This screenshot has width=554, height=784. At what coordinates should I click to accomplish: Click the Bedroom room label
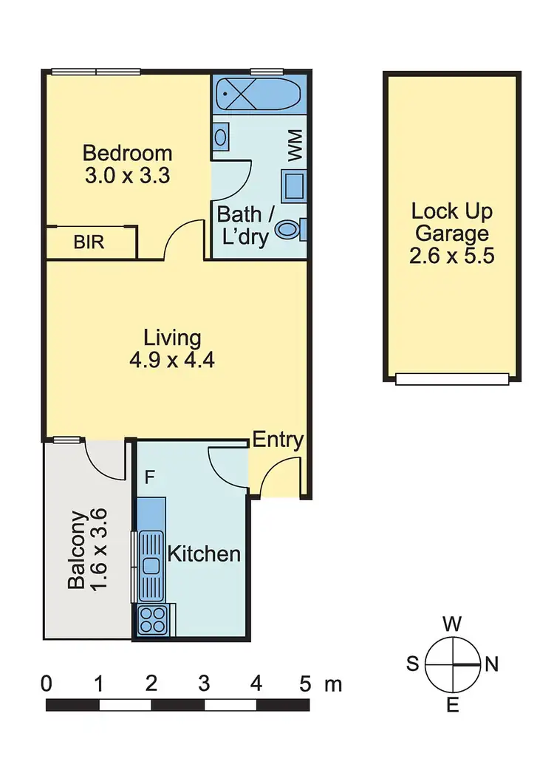pyautogui.click(x=127, y=154)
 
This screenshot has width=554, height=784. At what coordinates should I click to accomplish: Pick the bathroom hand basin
pyautogui.click(x=220, y=137)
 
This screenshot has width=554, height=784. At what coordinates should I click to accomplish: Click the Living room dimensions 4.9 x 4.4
pyautogui.click(x=172, y=361)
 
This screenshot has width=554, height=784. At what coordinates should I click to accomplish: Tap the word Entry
pyautogui.click(x=278, y=440)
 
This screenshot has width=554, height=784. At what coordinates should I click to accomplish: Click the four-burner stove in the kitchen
pyautogui.click(x=153, y=618)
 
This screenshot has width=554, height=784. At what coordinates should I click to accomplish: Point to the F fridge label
pyautogui.click(x=149, y=477)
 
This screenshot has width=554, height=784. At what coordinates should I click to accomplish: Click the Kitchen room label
pyautogui.click(x=204, y=553)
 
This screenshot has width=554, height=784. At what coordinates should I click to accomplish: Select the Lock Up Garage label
pyautogui.click(x=451, y=222)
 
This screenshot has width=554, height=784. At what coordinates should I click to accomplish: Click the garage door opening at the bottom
pyautogui.click(x=452, y=379)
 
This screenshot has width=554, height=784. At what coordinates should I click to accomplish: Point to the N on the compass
pyautogui.click(x=491, y=664)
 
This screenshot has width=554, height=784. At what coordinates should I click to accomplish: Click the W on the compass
pyautogui.click(x=452, y=624)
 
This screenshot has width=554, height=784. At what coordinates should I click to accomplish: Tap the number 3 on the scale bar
pyautogui.click(x=203, y=684)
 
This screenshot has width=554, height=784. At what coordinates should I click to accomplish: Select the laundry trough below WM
pyautogui.click(x=294, y=185)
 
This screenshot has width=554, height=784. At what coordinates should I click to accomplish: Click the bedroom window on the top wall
pyautogui.click(x=96, y=72)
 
